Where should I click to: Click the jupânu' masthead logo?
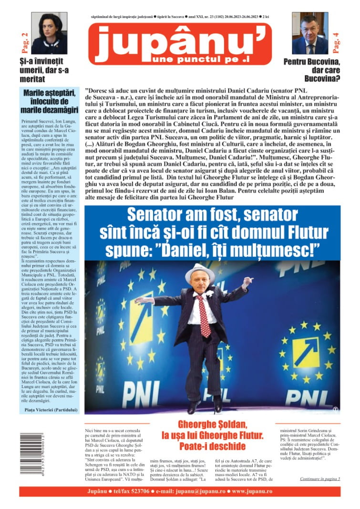(180, 43)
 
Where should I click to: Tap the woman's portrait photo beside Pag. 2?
(49, 33)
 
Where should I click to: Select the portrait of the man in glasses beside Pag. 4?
(310, 33)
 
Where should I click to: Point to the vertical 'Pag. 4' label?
(336, 42)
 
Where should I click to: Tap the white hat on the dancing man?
(200, 272)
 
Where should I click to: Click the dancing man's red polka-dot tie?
(204, 315)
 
